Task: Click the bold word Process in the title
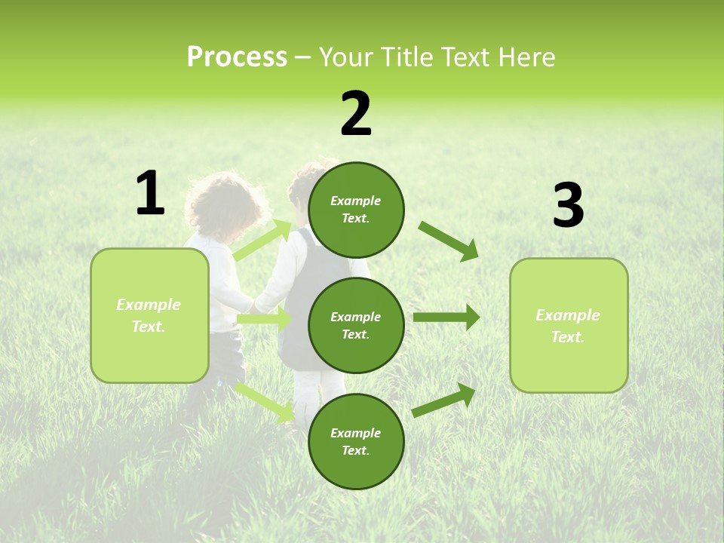(237, 57)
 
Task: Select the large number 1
(150, 194)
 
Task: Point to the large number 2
(356, 114)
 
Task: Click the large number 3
(568, 206)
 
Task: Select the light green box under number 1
(149, 315)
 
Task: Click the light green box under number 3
(569, 325)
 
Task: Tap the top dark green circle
(356, 210)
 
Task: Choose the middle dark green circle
(356, 325)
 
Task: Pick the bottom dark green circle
(356, 441)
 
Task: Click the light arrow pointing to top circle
(262, 241)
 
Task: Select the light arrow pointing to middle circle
(264, 320)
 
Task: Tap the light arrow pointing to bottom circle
(265, 402)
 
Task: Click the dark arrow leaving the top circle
(449, 241)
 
